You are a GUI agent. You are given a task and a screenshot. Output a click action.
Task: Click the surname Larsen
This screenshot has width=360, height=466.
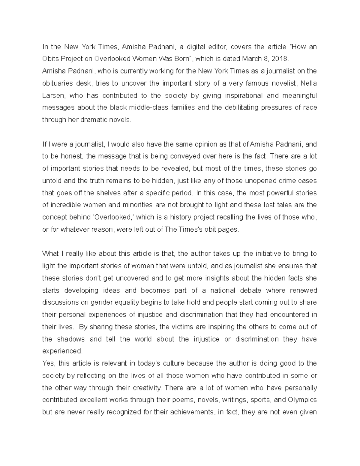click(x=52, y=95)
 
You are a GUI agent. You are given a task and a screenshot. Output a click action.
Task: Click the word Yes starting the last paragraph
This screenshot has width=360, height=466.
click(x=49, y=363)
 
